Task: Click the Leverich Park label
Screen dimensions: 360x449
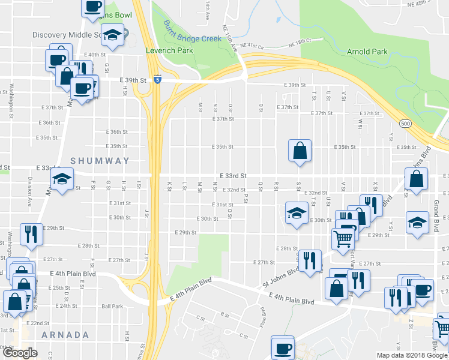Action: click(169, 50)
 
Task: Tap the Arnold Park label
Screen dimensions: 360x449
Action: click(367, 52)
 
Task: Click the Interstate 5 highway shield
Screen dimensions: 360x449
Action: click(157, 79)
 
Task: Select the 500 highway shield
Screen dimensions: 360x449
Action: click(406, 124)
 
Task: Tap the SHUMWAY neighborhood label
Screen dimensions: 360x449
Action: click(100, 161)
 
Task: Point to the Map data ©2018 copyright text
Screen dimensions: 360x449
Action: click(411, 355)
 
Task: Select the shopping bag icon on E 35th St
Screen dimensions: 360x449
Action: click(300, 151)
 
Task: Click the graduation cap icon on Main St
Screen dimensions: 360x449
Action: click(61, 179)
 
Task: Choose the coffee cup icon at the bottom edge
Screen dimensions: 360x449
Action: click(282, 347)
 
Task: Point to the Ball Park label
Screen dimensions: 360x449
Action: click(112, 306)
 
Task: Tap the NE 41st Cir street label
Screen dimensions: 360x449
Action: click(252, 45)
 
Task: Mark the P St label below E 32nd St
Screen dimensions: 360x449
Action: click(246, 197)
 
